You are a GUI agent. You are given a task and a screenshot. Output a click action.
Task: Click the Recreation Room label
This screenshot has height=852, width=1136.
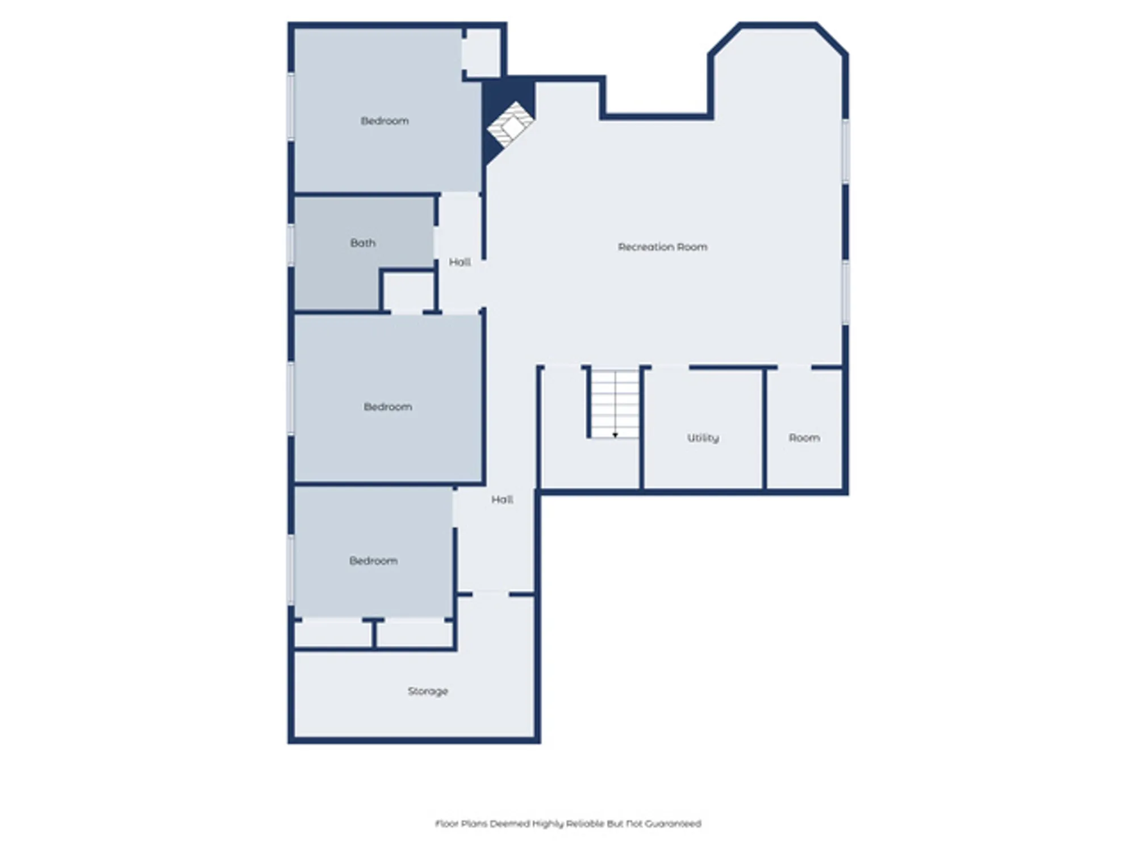click(x=662, y=247)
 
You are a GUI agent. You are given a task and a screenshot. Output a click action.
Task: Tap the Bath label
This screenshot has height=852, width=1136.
click(x=363, y=243)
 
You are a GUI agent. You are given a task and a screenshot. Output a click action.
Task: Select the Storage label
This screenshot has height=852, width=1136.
click(x=428, y=691)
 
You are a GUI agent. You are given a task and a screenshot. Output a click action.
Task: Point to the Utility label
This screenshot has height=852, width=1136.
click(x=703, y=438)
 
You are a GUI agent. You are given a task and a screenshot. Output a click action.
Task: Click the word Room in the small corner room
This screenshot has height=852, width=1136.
click(x=804, y=438)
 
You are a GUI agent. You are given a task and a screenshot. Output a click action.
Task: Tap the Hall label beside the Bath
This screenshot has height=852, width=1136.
click(x=460, y=262)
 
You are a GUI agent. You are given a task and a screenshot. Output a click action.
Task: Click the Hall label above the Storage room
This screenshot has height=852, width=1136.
click(x=502, y=500)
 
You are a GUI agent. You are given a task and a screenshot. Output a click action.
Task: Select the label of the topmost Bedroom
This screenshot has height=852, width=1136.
click(x=385, y=121)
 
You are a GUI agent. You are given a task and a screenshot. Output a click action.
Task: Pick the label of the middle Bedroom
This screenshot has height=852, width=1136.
click(x=388, y=407)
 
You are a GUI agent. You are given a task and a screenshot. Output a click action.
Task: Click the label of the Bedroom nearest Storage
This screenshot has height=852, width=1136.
click(x=373, y=561)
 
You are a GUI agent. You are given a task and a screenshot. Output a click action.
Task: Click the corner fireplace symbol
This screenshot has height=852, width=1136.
click(x=509, y=126)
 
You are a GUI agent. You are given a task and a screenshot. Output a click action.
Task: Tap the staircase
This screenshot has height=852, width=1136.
click(x=615, y=403)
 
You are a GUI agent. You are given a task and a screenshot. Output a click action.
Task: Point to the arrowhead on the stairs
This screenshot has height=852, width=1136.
click(x=615, y=435)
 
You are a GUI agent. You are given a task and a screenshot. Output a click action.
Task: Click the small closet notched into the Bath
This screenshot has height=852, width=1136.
click(x=408, y=292)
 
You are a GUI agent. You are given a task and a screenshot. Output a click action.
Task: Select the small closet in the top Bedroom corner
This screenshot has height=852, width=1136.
click(x=482, y=53)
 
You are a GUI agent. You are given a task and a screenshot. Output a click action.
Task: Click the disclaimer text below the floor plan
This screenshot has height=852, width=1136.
click(x=568, y=824)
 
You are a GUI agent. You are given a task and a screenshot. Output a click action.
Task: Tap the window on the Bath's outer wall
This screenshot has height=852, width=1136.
click(x=291, y=245)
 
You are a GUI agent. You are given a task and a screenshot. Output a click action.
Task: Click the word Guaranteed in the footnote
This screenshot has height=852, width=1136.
click(x=673, y=824)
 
